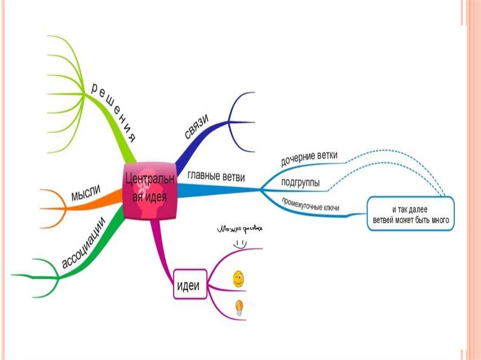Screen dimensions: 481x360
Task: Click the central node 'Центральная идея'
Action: [150, 191]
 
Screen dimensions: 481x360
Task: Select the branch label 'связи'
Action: [196, 126]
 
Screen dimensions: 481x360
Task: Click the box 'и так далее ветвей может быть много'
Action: [411, 214]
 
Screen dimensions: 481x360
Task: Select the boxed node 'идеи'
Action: [191, 284]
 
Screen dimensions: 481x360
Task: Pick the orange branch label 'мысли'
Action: [87, 193]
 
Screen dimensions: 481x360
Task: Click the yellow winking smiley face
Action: [239, 280]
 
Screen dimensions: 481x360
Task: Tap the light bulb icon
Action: [239, 307]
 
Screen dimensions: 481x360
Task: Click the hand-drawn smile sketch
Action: [239, 244]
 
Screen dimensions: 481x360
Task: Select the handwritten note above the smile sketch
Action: [240, 230]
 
